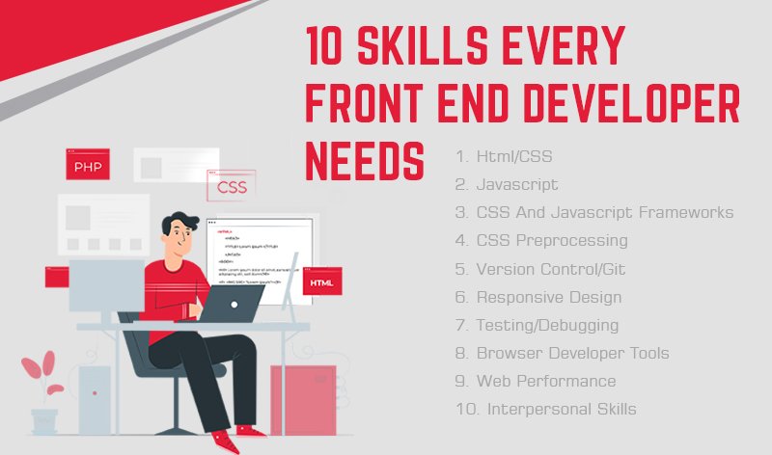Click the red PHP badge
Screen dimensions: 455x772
87,165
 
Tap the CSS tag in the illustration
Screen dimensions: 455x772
232,187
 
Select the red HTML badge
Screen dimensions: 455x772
320,282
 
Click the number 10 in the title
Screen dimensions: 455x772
327,45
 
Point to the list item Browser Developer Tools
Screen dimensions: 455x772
563,353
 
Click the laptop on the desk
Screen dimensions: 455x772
234,303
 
